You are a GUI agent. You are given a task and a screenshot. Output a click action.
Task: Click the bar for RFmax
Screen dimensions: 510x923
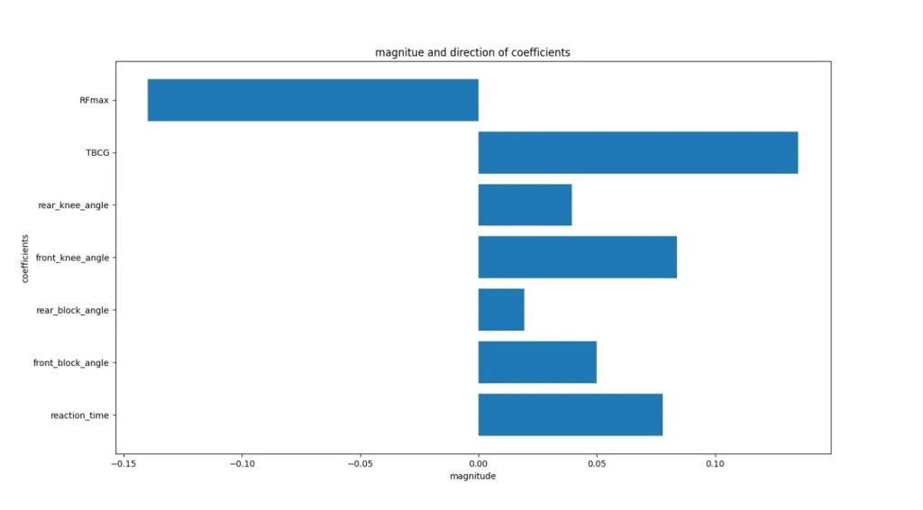point(313,100)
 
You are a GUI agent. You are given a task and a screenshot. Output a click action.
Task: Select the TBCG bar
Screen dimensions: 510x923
point(637,152)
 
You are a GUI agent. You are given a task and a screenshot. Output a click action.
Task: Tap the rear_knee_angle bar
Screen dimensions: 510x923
point(525,205)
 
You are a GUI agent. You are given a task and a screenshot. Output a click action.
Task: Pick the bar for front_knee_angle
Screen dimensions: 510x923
point(577,257)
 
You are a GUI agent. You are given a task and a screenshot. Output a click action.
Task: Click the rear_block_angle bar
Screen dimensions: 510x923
point(500,309)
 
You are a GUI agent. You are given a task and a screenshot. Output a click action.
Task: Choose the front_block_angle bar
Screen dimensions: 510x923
point(537,362)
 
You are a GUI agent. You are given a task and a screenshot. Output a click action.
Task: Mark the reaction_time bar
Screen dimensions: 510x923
point(570,414)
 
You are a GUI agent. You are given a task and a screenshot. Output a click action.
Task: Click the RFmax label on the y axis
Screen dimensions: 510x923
point(94,100)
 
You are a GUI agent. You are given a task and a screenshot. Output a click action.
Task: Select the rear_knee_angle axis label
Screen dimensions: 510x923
point(73,205)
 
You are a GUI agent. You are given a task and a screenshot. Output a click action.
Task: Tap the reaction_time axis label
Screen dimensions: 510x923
point(80,415)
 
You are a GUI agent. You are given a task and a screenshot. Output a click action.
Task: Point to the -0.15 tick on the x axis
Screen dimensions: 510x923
point(124,464)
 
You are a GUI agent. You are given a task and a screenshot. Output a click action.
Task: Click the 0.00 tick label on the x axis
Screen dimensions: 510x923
point(479,464)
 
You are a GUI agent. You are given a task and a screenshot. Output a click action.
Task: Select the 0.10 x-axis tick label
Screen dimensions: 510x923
point(715,464)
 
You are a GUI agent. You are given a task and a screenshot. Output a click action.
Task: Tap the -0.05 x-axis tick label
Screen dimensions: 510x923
point(361,464)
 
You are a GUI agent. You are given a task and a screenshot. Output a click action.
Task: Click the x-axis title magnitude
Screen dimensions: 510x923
point(472,476)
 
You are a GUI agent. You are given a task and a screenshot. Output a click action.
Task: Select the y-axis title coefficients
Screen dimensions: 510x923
point(25,258)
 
